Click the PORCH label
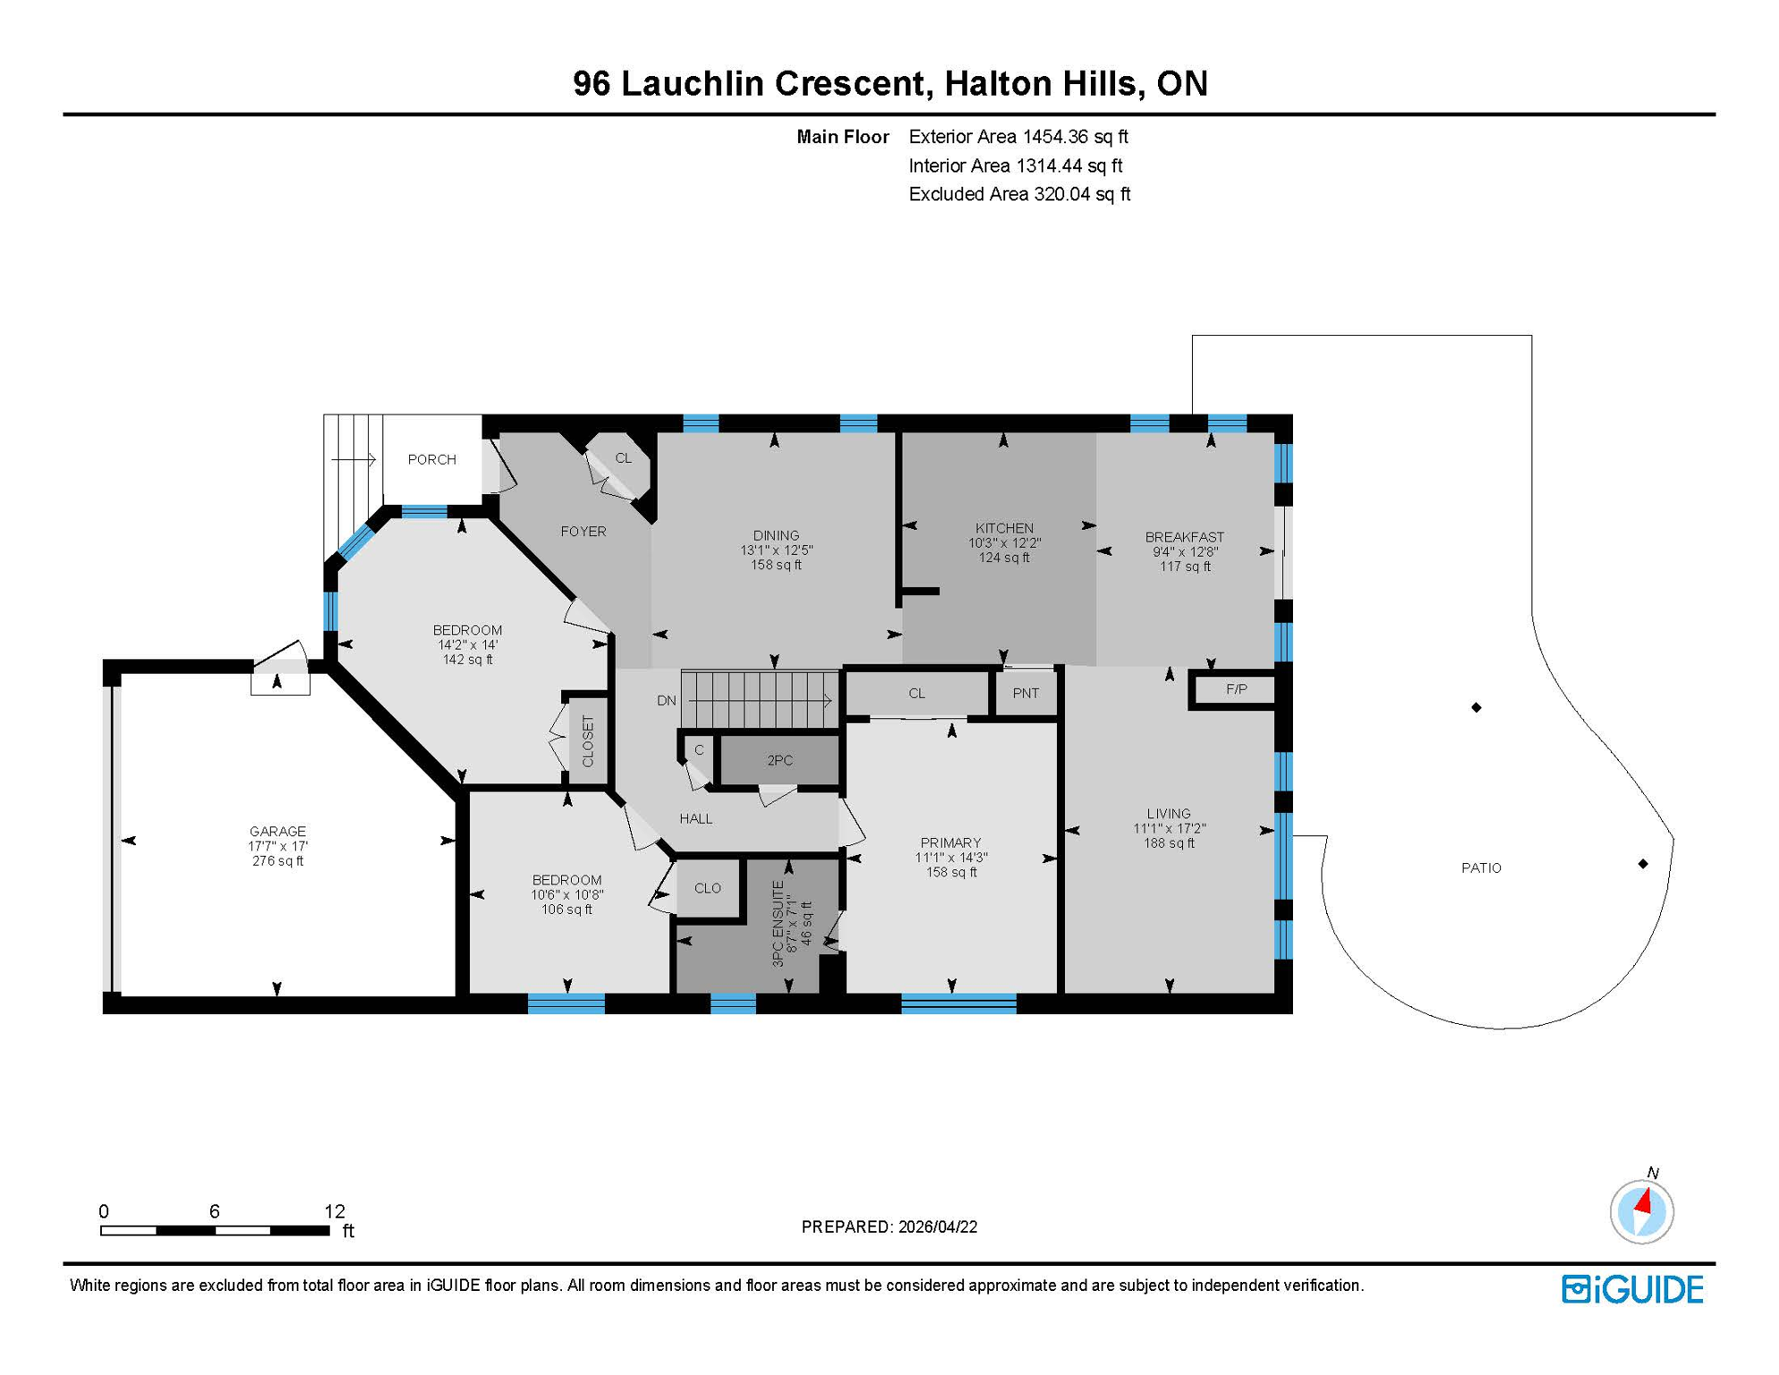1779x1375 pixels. pos(431,459)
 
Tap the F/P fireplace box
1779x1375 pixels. pos(1236,689)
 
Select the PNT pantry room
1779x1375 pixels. pos(1026,693)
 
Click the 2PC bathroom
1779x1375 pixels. pos(779,760)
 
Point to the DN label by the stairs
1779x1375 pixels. pos(666,700)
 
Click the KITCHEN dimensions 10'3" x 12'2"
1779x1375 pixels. pos(1004,542)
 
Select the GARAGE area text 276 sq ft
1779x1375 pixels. pos(277,861)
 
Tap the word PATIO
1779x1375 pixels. pos(1481,867)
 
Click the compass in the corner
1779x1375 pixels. pos(1641,1211)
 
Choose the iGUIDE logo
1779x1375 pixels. pos(1632,1289)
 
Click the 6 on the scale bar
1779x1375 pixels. pos(214,1211)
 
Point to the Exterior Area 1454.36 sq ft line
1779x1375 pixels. pos(1017,137)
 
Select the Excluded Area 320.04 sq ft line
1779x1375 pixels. pos(1018,194)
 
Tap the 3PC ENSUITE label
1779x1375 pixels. pos(778,923)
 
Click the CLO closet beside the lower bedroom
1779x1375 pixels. pos(707,888)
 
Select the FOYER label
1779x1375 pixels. pos(583,532)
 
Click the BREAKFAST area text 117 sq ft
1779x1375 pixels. pos(1184,566)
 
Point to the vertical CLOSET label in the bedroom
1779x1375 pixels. pos(588,741)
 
